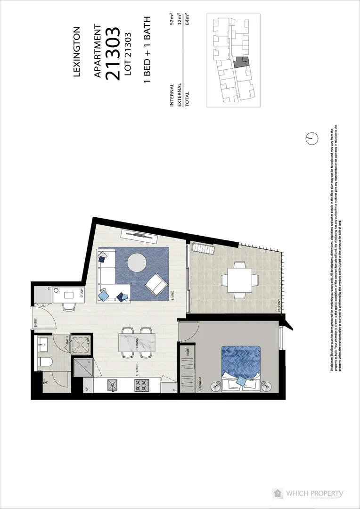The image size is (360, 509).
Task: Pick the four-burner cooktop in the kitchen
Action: coord(141,386)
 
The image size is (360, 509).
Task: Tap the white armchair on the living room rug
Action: coord(155,284)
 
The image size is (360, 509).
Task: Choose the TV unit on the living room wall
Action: coord(140,234)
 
